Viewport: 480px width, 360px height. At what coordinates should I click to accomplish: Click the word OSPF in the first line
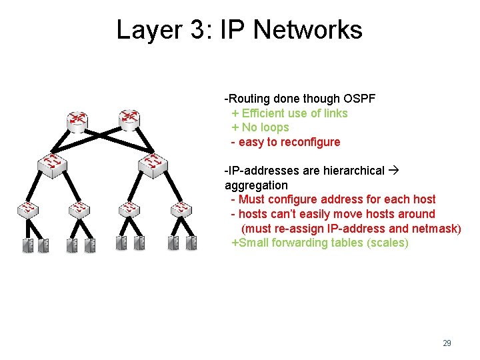[359, 99]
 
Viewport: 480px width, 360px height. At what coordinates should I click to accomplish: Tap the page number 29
[447, 343]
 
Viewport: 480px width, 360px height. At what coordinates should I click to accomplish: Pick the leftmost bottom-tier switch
[27, 209]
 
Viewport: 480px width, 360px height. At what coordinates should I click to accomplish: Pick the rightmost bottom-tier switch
[181, 209]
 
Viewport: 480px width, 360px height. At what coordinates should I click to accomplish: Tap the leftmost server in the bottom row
[28, 245]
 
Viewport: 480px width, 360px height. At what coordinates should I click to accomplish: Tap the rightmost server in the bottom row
[191, 243]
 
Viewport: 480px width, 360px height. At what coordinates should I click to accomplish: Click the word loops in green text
[275, 127]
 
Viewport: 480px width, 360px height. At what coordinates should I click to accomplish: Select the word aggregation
[256, 185]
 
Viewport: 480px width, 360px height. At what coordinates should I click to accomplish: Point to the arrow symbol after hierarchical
[393, 171]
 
